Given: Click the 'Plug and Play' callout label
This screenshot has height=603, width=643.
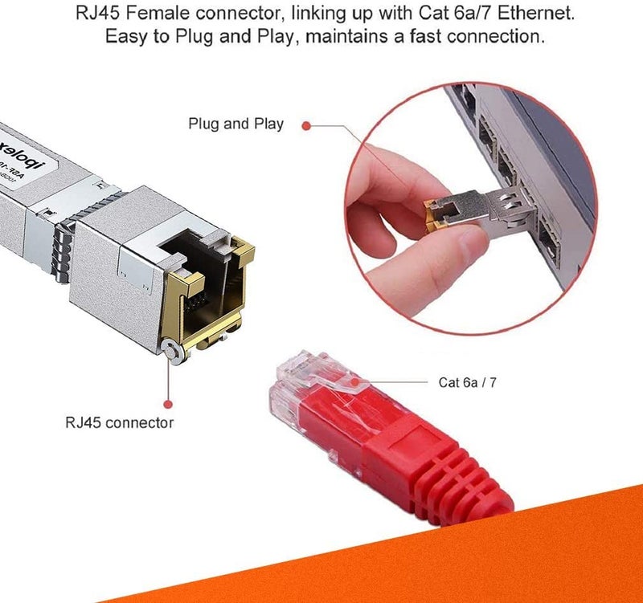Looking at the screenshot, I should [x=235, y=124].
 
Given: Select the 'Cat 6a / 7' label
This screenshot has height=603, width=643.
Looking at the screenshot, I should [x=467, y=382].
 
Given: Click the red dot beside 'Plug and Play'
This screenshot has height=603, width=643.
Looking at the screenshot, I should [x=306, y=124].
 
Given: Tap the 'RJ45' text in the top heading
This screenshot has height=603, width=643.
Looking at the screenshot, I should [x=96, y=14].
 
